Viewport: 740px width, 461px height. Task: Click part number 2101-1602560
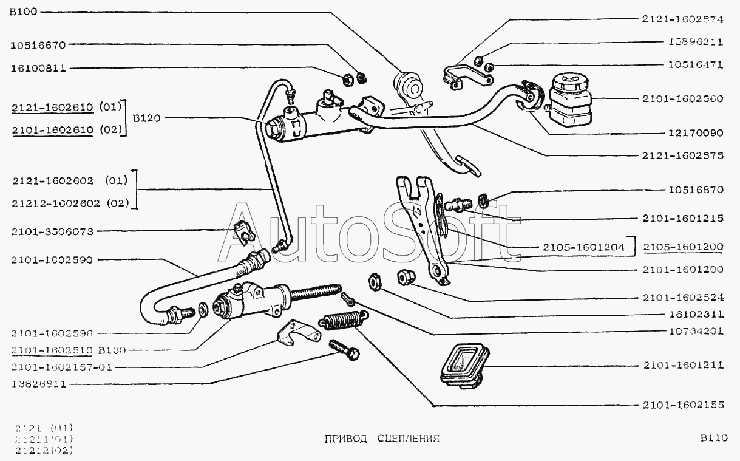point(683,98)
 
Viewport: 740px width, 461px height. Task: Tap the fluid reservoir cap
point(571,81)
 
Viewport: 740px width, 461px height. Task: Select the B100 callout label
point(24,12)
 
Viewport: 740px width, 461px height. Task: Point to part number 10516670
point(38,45)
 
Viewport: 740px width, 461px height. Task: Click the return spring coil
point(344,319)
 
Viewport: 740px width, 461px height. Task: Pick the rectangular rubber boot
point(465,366)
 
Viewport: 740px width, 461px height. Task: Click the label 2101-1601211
point(683,365)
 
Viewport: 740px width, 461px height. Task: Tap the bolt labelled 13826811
point(344,350)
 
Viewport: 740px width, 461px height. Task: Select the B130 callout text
point(112,350)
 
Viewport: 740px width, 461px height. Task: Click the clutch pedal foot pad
point(467,166)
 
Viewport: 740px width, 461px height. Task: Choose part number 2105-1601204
point(584,247)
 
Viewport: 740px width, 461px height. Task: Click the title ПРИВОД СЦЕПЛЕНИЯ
point(382,439)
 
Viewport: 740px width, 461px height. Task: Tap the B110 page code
point(713,438)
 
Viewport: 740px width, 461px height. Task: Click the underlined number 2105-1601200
point(683,247)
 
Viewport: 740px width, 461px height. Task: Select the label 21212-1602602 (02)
point(70,203)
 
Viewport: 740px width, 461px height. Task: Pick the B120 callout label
point(146,118)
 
